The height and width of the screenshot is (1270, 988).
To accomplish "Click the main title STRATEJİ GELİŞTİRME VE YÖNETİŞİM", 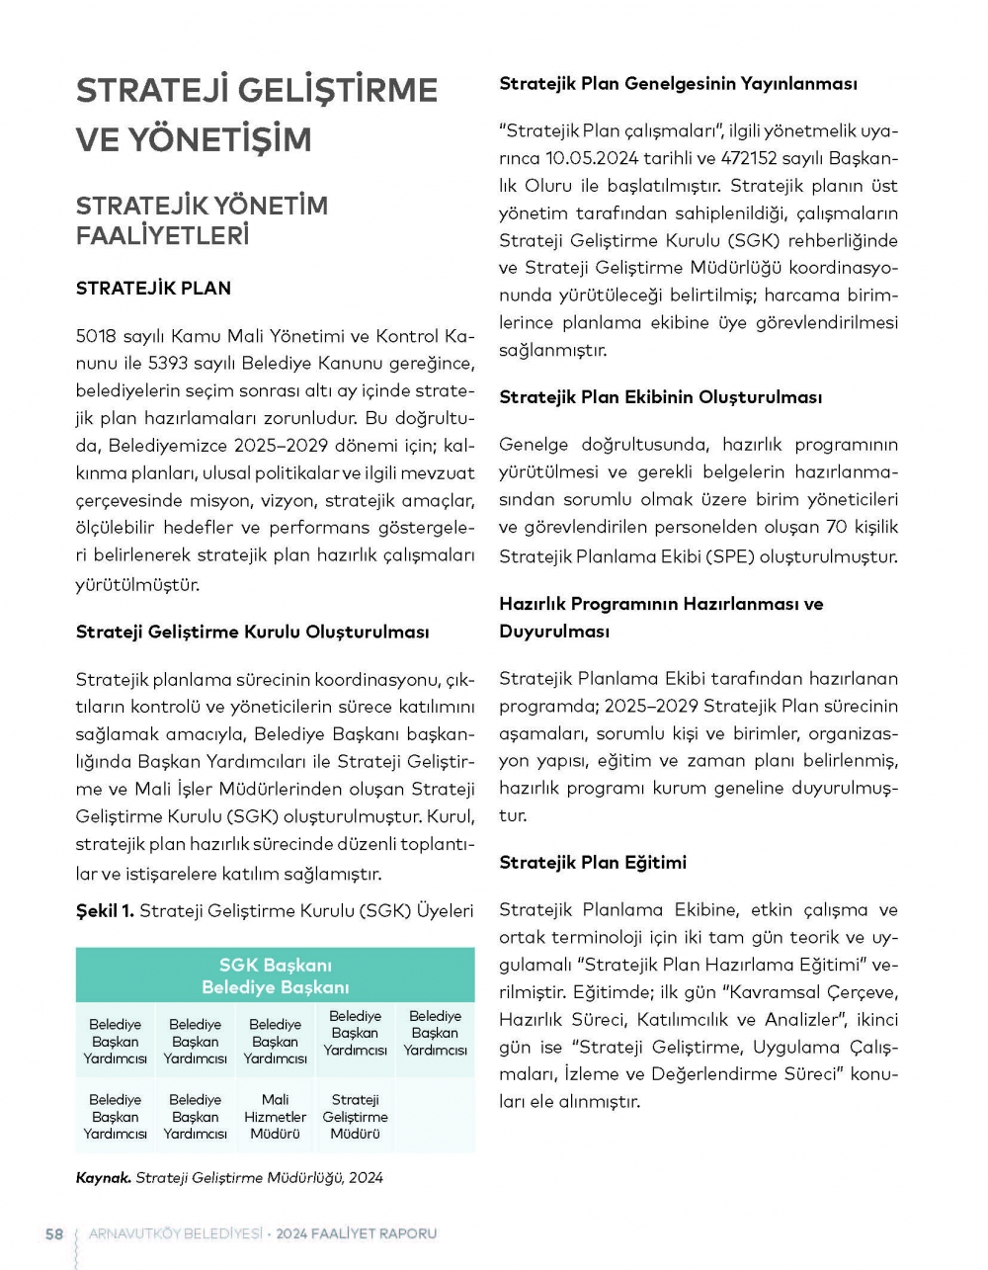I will pos(256,114).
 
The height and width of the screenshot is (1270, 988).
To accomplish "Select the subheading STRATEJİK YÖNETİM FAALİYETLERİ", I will pos(202,220).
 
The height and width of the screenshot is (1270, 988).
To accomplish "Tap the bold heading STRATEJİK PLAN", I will pos(153,289).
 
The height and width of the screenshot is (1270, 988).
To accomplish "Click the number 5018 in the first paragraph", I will pos(96,336).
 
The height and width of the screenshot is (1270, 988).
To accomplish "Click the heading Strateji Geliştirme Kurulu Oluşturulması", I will pos(252,633).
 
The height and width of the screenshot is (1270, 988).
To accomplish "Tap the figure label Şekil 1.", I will pos(105,910).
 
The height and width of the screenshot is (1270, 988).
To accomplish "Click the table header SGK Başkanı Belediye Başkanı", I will pos(275,975).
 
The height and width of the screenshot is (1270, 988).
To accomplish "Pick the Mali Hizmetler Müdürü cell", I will pos(275,1116).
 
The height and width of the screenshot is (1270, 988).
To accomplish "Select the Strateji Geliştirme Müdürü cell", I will pos(355,1116).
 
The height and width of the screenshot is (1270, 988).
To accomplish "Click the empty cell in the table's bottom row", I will pos(435,1116).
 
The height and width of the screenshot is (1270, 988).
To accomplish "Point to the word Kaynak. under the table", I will pos(103,1177).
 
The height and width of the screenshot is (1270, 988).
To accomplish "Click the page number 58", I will pos(54,1233).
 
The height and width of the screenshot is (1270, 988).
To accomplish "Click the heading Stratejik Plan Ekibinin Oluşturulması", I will pos(660,397).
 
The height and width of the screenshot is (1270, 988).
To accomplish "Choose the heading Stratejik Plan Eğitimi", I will pos(592,863).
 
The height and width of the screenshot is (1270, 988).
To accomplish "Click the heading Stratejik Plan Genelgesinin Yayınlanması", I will pos(678,84).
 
